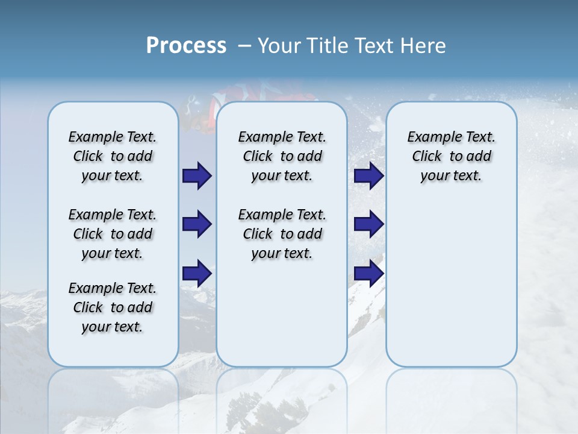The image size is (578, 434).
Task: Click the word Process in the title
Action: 186,46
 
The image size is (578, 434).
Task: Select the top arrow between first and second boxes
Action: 197,176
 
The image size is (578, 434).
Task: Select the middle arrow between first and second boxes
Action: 197,224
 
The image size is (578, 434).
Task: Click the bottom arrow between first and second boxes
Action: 197,273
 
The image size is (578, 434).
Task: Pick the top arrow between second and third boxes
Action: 368,176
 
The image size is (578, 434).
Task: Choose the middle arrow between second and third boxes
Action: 368,224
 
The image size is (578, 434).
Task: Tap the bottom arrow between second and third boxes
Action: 368,273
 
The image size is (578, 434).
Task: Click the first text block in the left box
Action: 113,156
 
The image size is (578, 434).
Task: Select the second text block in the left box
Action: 113,234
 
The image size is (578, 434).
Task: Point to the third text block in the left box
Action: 113,307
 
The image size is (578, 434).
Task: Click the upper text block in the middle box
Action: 282,156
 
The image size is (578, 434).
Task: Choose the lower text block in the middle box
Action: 282,234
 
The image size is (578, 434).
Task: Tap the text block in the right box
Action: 451,156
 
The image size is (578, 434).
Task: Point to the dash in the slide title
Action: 244,46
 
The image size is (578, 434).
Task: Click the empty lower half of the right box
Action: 451,289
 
